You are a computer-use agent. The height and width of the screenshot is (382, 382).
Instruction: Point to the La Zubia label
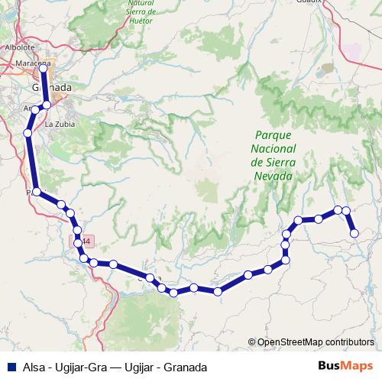[60, 123]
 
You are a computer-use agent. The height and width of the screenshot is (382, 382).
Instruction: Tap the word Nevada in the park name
[272, 176]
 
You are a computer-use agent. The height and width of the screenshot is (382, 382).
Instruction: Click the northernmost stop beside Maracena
[44, 68]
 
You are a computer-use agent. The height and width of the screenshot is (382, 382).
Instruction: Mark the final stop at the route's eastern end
[354, 233]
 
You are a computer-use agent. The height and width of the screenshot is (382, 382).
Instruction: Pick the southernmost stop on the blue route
[174, 293]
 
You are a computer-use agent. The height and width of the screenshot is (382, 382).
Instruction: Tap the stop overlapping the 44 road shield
[78, 243]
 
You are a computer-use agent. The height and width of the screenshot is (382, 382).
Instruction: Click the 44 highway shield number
[86, 242]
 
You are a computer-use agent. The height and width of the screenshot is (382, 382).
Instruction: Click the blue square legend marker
[10, 367]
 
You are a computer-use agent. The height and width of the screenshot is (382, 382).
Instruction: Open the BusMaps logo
[345, 366]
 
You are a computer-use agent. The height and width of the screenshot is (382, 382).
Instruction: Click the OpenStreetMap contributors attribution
[316, 342]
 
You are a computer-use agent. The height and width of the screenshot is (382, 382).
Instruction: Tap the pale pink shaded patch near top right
[352, 51]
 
